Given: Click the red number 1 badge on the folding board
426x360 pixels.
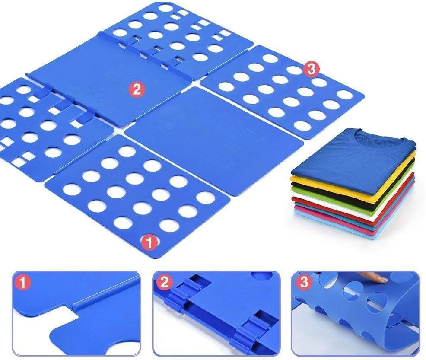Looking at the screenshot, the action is point(149,242).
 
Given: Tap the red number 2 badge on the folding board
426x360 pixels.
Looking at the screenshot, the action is point(137,89).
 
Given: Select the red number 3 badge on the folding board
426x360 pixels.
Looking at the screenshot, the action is point(311,69).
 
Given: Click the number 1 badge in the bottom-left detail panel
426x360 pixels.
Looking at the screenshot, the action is point(23,283).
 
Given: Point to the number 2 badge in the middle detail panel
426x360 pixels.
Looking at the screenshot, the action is point(164,283).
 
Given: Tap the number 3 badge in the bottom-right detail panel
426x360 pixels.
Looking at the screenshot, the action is point(304,282).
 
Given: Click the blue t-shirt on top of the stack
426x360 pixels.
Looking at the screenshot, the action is point(353,160).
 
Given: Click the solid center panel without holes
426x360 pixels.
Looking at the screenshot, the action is point(214,140).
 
